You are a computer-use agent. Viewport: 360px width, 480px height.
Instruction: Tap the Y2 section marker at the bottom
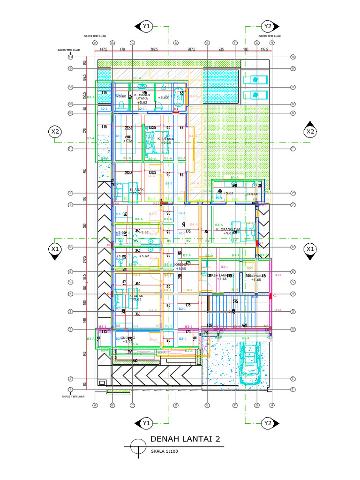tap(268, 423)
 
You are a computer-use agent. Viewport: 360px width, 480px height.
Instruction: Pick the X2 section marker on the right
tap(310, 132)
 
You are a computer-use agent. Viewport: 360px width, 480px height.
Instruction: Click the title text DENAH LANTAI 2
tap(185, 439)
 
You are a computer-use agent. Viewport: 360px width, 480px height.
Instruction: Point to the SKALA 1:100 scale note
tap(165, 452)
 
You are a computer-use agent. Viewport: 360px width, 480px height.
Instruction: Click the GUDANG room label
tap(127, 338)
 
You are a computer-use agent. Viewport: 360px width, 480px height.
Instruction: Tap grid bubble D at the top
tap(176, 43)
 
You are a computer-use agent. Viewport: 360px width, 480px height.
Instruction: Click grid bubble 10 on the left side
tap(71, 57)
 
